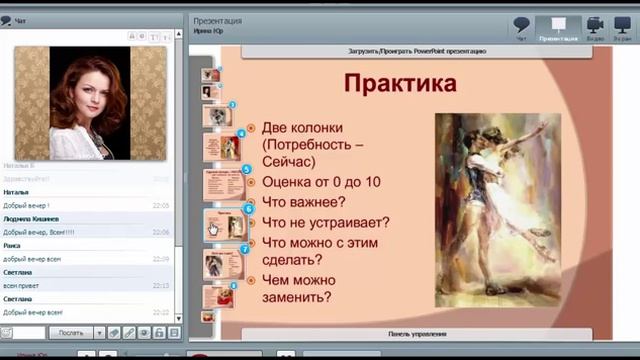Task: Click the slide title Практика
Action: [400, 83]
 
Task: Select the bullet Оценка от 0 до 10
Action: [320, 182]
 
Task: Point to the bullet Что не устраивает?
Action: [325, 222]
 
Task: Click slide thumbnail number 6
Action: [225, 224]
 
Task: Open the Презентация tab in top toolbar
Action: [558, 27]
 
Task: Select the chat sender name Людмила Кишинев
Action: [31, 218]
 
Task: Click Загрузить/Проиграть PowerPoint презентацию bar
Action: [418, 50]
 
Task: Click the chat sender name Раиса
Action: [13, 245]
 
